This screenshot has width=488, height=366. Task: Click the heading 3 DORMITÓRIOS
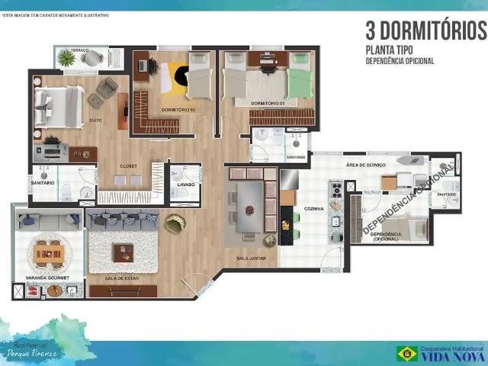tap(425, 31)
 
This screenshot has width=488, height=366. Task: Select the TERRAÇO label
tap(80, 50)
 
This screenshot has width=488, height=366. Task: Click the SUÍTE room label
tap(96, 120)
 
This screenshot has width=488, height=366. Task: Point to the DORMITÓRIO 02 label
tap(178, 110)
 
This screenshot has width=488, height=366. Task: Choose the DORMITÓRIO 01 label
tap(268, 101)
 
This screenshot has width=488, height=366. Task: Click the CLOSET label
tap(128, 166)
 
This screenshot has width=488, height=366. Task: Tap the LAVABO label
tap(185, 185)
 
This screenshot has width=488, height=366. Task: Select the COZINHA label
tap(313, 208)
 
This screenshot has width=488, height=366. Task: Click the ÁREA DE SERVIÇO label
tap(365, 165)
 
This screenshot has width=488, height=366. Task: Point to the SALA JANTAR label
tap(251, 259)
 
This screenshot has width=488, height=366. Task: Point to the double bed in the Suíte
tap(59, 102)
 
